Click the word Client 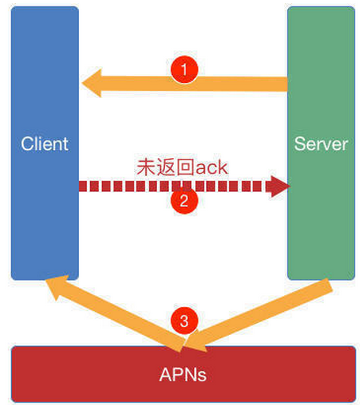(x=45, y=144)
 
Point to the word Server (x=321, y=144)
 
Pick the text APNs (x=182, y=374)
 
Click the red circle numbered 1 (x=184, y=69)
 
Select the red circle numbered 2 (x=184, y=201)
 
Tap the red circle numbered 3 (x=184, y=321)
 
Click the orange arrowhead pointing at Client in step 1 (x=92, y=82)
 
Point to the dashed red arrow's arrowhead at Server (x=278, y=186)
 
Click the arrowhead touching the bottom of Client (x=55, y=286)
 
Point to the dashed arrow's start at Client (x=84, y=187)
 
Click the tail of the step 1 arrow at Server (x=281, y=84)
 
